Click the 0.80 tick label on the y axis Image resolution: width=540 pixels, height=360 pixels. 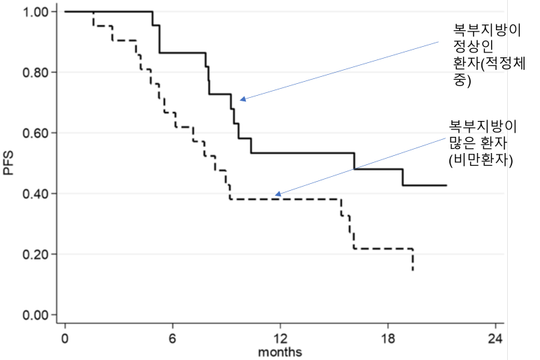pyautogui.click(x=36, y=72)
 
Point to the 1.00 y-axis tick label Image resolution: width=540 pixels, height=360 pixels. pyautogui.click(x=36, y=12)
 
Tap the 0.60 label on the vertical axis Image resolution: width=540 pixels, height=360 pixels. pyautogui.click(x=36, y=133)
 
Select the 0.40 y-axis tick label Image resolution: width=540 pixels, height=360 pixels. pyautogui.click(x=36, y=194)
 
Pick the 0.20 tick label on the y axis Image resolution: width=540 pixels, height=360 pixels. pyautogui.click(x=36, y=254)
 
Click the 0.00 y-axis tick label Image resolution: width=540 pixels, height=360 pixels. pyautogui.click(x=36, y=315)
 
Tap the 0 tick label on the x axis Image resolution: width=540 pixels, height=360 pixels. pyautogui.click(x=65, y=339)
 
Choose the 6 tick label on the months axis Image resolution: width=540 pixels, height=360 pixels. pyautogui.click(x=172, y=339)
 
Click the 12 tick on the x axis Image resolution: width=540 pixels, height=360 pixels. pyautogui.click(x=280, y=339)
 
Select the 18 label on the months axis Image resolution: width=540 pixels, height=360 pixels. pyautogui.click(x=388, y=339)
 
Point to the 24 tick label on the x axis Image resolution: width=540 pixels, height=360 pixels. pyautogui.click(x=495, y=339)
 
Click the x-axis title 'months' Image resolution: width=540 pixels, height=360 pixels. pyautogui.click(x=280, y=352)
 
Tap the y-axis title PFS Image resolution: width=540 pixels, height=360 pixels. pyautogui.click(x=8, y=163)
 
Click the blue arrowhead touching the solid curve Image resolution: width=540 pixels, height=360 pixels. pyautogui.click(x=242, y=99)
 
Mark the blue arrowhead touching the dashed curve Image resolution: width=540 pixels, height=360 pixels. pyautogui.click(x=278, y=194)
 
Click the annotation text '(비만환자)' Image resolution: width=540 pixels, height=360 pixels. pyautogui.click(x=481, y=160)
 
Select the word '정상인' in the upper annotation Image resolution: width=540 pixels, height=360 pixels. pyautogui.click(x=473, y=46)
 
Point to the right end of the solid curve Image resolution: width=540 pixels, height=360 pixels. pyautogui.click(x=446, y=185)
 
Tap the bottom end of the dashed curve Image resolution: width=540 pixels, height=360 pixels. pyautogui.click(x=413, y=270)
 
